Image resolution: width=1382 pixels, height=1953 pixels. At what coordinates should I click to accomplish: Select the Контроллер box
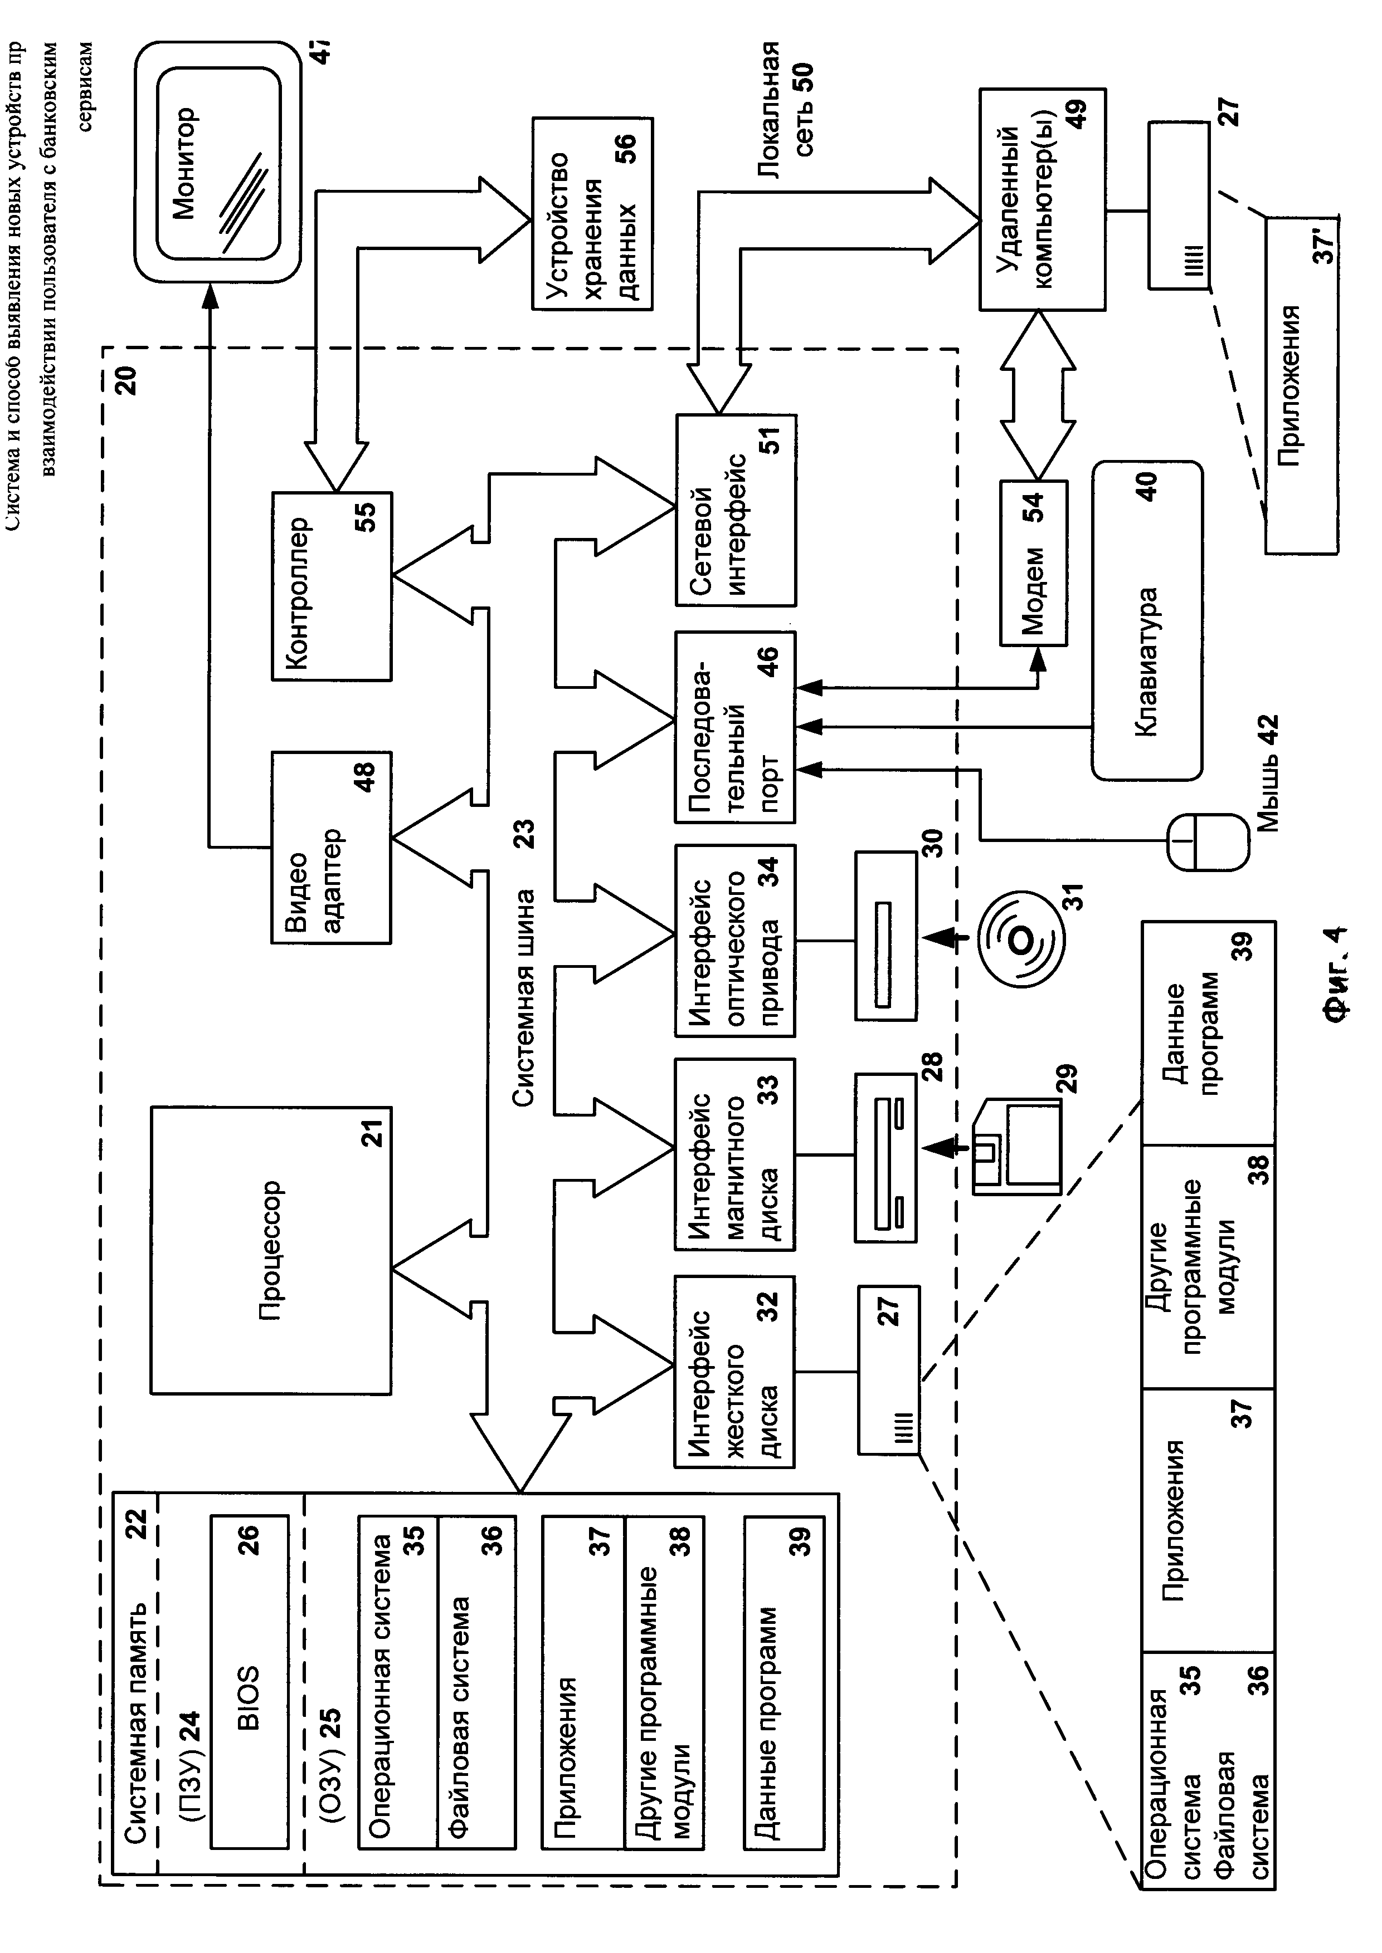tap(331, 586)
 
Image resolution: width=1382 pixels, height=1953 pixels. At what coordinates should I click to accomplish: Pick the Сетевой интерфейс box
tap(735, 510)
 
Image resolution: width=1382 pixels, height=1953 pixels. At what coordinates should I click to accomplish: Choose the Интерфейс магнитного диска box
tap(734, 1154)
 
